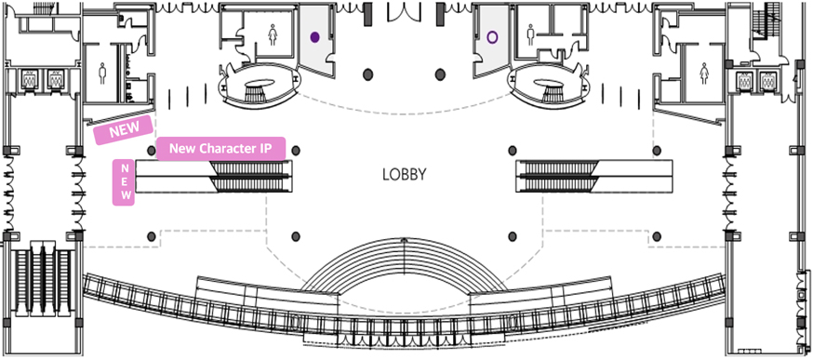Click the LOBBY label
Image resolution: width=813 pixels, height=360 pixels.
[404, 174]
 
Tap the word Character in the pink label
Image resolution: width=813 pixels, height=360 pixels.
[224, 149]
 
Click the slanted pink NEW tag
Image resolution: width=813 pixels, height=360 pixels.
[124, 129]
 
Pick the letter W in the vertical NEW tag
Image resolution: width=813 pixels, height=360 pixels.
[125, 195]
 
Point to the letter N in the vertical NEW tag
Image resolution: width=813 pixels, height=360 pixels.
[125, 168]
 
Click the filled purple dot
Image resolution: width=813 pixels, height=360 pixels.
[314, 37]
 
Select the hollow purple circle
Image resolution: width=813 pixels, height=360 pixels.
[493, 37]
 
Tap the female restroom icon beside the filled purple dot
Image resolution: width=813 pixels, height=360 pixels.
[273, 35]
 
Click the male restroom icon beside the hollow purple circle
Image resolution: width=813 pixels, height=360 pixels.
[530, 35]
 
